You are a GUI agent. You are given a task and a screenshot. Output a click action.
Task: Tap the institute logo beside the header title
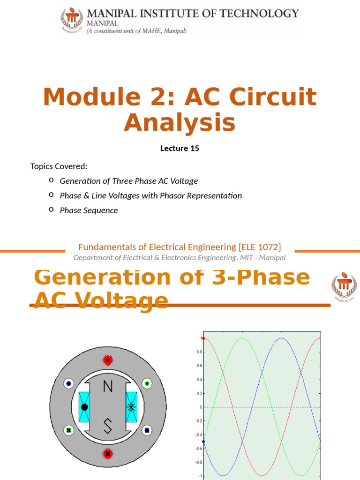click(72, 19)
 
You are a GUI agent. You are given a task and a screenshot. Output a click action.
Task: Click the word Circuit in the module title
click(270, 97)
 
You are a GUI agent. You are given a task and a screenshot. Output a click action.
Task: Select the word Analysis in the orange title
click(180, 123)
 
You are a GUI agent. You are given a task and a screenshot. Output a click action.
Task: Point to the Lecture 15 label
click(180, 149)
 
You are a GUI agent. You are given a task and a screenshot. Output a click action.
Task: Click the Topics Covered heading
click(59, 166)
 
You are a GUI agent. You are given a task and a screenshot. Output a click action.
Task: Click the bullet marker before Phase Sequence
click(51, 210)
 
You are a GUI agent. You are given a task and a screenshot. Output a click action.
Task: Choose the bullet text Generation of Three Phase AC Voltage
click(129, 181)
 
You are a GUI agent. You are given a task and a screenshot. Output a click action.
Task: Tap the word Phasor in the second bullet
click(172, 195)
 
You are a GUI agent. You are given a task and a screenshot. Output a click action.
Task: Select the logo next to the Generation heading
click(344, 285)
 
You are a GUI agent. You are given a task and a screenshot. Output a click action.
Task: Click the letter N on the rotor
click(108, 386)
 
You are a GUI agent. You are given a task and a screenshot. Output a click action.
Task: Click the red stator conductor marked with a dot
click(108, 360)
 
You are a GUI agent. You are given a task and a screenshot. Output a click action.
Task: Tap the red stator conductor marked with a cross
click(108, 454)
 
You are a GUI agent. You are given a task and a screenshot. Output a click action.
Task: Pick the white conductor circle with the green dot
click(147, 383)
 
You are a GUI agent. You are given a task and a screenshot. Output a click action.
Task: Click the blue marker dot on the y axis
click(203, 442)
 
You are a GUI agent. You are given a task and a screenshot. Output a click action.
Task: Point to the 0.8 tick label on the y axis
click(199, 352)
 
